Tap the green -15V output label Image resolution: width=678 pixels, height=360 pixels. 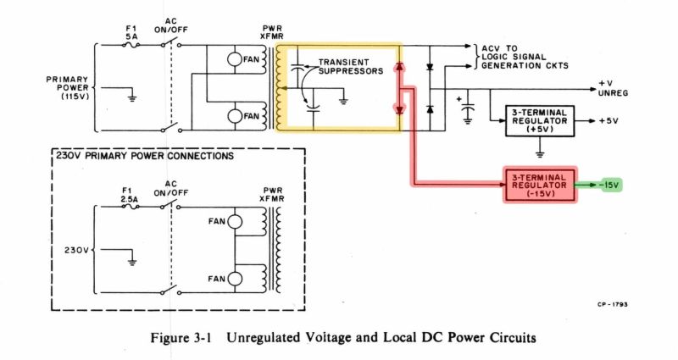(609, 185)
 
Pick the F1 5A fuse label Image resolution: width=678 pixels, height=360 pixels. (129, 32)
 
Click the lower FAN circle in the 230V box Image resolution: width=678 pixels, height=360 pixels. (235, 277)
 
